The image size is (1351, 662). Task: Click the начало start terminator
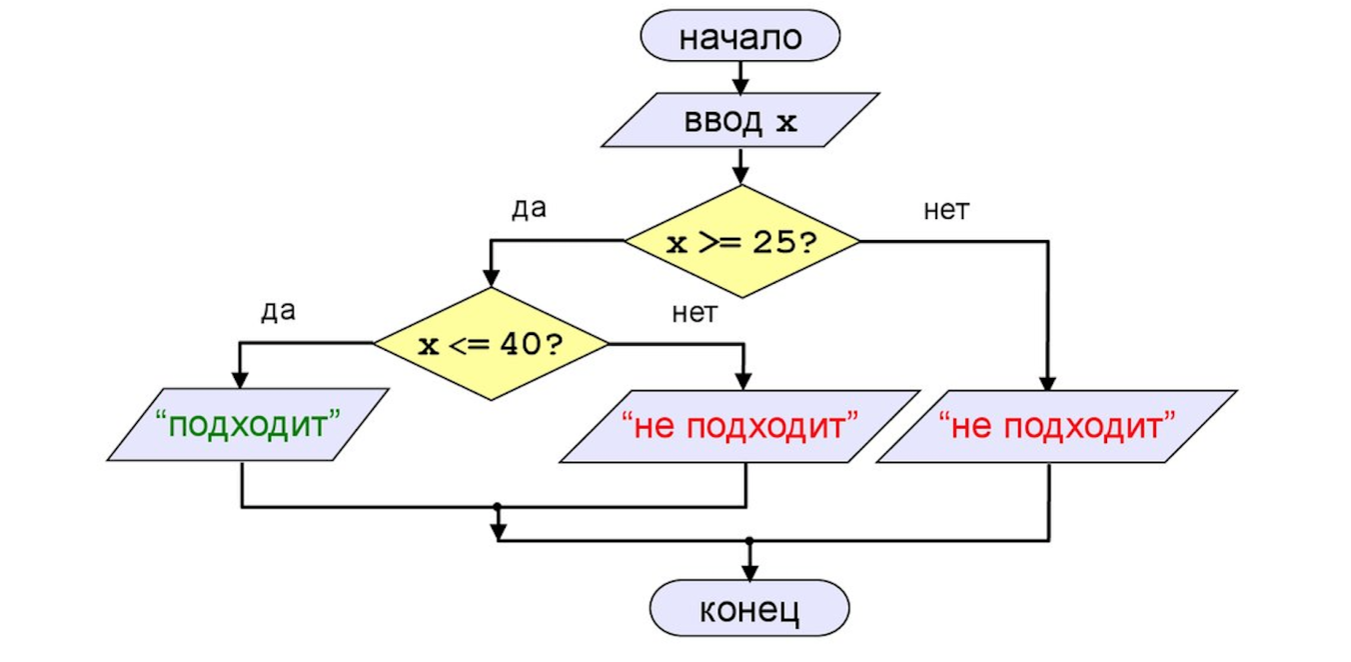click(x=739, y=37)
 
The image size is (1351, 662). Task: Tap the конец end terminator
click(x=749, y=608)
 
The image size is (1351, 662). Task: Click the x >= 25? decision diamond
click(x=741, y=241)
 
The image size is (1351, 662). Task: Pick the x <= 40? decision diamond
click(x=491, y=344)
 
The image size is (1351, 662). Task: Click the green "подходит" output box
click(x=248, y=424)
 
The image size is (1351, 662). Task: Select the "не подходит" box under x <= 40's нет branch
click(x=739, y=426)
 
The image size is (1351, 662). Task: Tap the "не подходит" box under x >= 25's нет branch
click(x=1057, y=426)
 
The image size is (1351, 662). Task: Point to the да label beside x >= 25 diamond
click(x=529, y=209)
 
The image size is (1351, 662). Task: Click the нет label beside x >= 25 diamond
click(x=946, y=211)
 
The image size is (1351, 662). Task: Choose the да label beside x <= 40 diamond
click(x=278, y=311)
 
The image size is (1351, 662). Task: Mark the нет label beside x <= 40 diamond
click(x=694, y=313)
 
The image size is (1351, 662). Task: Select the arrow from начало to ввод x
click(x=739, y=77)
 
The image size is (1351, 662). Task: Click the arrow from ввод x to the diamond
click(x=739, y=165)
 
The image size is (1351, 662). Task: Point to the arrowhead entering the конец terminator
click(x=749, y=572)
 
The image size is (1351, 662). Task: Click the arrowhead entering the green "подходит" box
click(x=240, y=380)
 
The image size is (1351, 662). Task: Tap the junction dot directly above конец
click(x=749, y=541)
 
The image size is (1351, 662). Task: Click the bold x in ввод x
click(x=787, y=123)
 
